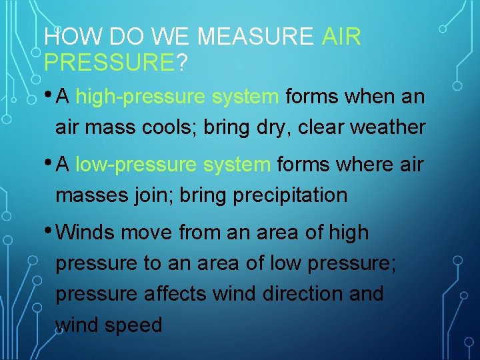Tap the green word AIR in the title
(x=341, y=37)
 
